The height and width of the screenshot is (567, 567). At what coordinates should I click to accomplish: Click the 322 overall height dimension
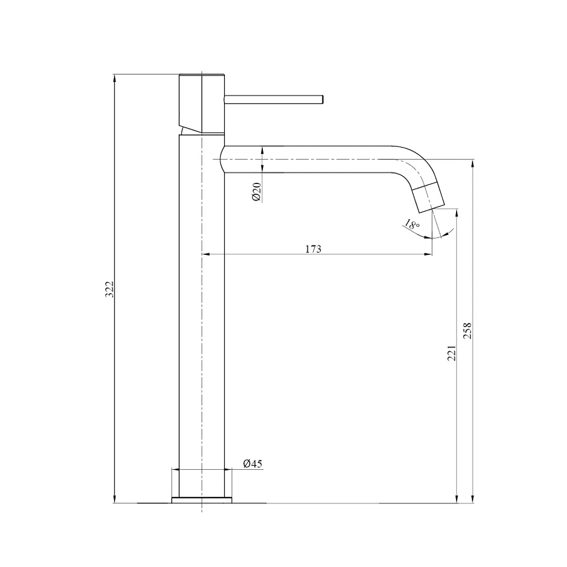(110, 290)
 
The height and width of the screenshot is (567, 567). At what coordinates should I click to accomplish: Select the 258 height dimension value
(468, 331)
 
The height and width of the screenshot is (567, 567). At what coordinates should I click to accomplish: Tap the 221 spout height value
(451, 353)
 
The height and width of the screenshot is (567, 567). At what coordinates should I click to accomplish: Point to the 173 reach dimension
(313, 249)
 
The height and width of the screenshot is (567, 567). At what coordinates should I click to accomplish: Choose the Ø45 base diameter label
(253, 463)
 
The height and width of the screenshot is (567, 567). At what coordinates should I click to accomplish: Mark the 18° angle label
(411, 224)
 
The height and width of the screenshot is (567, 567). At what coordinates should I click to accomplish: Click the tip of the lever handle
(323, 99)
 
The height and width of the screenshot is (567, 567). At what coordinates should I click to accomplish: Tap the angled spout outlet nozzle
(428, 198)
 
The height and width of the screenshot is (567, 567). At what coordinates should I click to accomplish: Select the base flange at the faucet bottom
(202, 500)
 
